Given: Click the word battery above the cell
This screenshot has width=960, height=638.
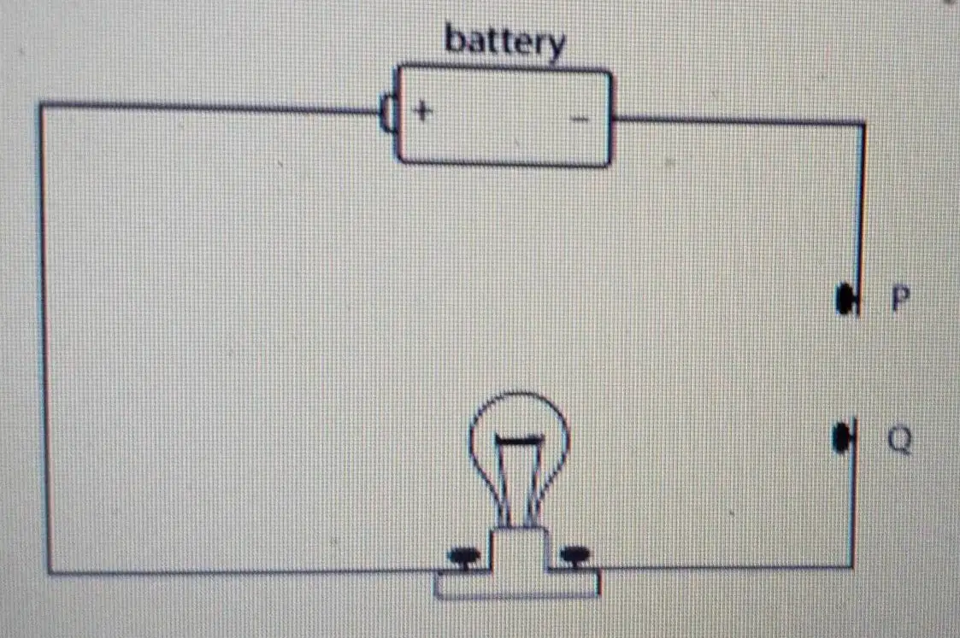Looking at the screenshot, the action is coord(504,42).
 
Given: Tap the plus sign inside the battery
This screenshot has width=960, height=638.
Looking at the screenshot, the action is coord(422,111).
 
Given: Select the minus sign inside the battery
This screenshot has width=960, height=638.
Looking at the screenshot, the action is coord(580,119).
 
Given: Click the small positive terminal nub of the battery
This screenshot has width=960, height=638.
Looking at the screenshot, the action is coord(388,113).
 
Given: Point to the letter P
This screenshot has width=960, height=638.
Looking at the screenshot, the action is coord(900,299).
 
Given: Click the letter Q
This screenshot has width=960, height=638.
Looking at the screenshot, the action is coord(899,439).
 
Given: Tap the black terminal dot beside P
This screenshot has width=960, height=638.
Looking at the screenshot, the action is coord(845,299).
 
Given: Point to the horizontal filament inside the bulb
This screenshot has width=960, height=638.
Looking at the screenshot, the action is coord(519,439).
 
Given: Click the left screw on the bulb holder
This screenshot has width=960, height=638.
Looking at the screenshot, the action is coord(463,557).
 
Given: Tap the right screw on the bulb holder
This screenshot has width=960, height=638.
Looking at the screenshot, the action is coord(575,556).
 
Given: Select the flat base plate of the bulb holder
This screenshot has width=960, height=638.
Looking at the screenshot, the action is coord(516,583).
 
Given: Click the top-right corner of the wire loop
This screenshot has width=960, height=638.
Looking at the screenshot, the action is coord(863,124).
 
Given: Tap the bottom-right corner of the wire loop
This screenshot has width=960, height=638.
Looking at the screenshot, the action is coord(852,567).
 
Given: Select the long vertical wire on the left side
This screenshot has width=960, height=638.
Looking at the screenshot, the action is coord(45,339).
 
